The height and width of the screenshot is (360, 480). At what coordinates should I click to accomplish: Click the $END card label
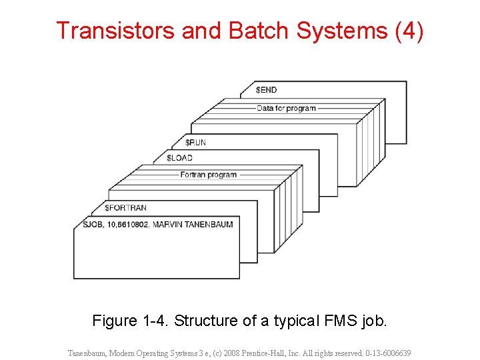267,90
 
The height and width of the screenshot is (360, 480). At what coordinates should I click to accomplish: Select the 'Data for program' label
286,108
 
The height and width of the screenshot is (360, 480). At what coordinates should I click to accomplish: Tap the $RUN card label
195,142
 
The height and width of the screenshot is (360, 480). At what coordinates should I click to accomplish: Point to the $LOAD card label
179,158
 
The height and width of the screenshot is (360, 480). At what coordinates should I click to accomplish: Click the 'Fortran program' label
208,175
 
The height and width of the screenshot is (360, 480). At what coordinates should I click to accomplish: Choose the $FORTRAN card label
125,208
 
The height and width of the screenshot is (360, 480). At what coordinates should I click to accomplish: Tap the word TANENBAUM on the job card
211,225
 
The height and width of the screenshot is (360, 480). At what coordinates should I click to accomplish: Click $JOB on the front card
92,225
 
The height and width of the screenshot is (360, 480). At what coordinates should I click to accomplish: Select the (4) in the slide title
408,31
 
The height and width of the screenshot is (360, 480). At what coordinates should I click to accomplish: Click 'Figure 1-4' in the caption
130,321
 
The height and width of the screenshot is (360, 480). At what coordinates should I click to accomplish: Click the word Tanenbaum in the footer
88,353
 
